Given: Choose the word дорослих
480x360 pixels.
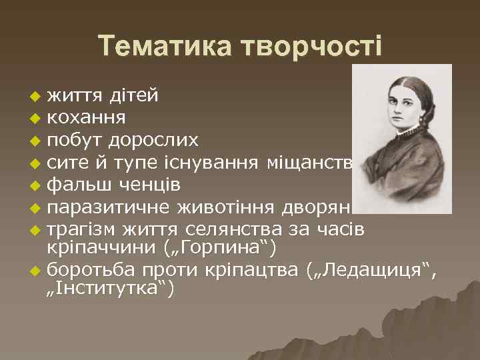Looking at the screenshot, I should (x=155, y=140).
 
